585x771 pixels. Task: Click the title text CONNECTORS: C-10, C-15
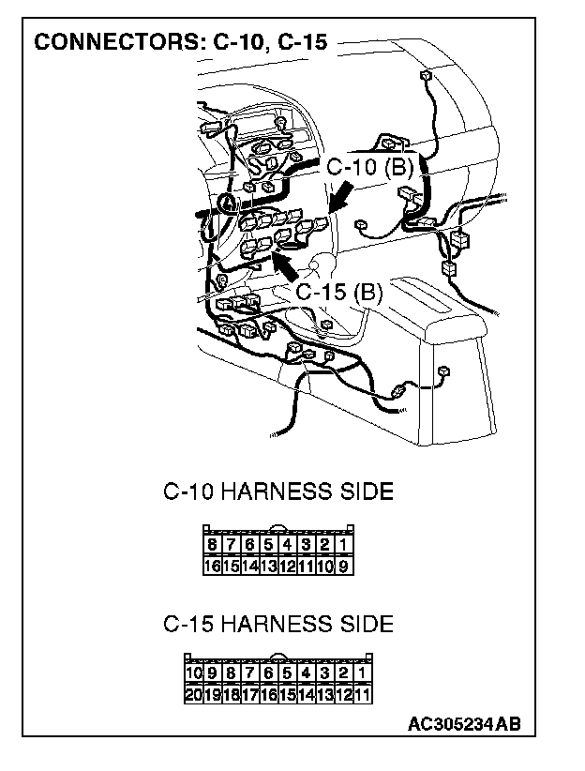pyautogui.click(x=180, y=43)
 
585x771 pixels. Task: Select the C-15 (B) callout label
pyautogui.click(x=339, y=293)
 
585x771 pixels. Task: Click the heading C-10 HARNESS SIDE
pyautogui.click(x=277, y=491)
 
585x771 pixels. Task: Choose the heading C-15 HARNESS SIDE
pyautogui.click(x=277, y=624)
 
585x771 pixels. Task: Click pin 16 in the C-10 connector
pyautogui.click(x=213, y=566)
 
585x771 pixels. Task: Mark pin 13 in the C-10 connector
pyautogui.click(x=269, y=566)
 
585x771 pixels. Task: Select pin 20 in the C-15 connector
pyautogui.click(x=194, y=695)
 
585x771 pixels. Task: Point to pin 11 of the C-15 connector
pyautogui.click(x=363, y=695)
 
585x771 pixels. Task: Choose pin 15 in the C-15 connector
pyautogui.click(x=288, y=695)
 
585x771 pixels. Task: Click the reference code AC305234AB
pyautogui.click(x=464, y=724)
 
